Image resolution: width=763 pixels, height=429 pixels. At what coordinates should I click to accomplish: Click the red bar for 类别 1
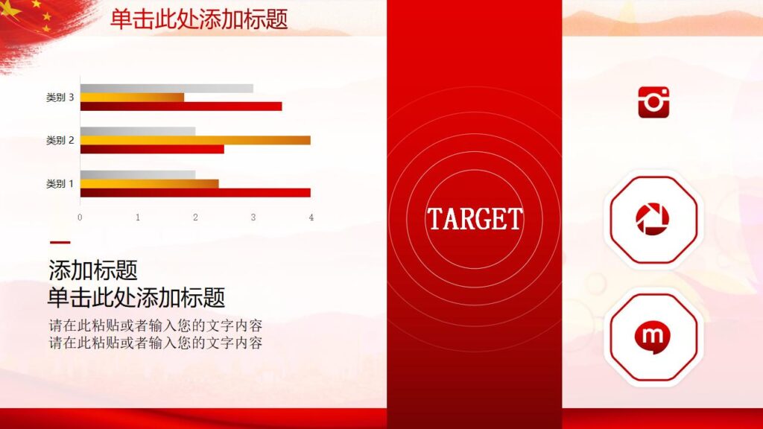click(x=194, y=193)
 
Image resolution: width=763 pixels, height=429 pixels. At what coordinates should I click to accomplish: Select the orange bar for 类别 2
click(x=194, y=140)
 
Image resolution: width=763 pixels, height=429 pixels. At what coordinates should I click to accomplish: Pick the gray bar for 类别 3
click(x=166, y=89)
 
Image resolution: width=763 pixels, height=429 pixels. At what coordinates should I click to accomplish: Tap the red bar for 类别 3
click(x=180, y=107)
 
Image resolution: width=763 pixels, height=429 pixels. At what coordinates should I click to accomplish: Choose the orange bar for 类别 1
click(x=149, y=183)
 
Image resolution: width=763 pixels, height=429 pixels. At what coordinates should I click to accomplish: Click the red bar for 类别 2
click(x=151, y=149)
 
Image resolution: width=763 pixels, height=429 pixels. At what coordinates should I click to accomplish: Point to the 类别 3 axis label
click(x=60, y=98)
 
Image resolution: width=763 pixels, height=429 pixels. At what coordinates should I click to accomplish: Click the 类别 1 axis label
click(x=60, y=183)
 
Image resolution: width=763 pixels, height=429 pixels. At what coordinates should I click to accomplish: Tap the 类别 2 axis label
click(x=60, y=140)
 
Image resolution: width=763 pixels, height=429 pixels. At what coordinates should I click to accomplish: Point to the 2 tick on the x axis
click(x=195, y=217)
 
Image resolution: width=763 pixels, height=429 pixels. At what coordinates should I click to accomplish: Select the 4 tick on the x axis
click(x=311, y=217)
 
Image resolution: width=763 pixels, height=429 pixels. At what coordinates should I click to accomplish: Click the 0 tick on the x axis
click(x=80, y=217)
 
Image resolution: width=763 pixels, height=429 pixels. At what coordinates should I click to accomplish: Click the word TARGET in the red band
click(x=475, y=219)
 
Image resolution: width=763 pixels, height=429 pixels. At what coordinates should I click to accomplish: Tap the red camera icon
click(x=653, y=102)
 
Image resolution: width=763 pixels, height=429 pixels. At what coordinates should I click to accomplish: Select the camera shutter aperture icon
click(x=653, y=219)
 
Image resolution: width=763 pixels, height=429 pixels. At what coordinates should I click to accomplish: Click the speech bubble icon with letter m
click(x=653, y=337)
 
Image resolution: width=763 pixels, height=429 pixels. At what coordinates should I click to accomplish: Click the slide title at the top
click(x=199, y=19)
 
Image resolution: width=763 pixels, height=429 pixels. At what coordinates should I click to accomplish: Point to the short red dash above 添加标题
click(x=60, y=242)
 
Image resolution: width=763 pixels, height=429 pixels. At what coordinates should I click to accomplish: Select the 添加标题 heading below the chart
click(x=93, y=270)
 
